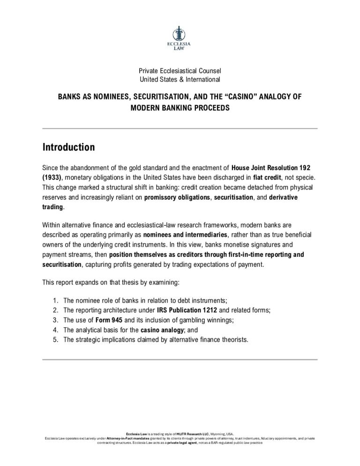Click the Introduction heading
tap(68, 147)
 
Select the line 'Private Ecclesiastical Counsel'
tap(180, 71)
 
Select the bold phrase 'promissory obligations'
tap(177, 197)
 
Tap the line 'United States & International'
tap(180, 80)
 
